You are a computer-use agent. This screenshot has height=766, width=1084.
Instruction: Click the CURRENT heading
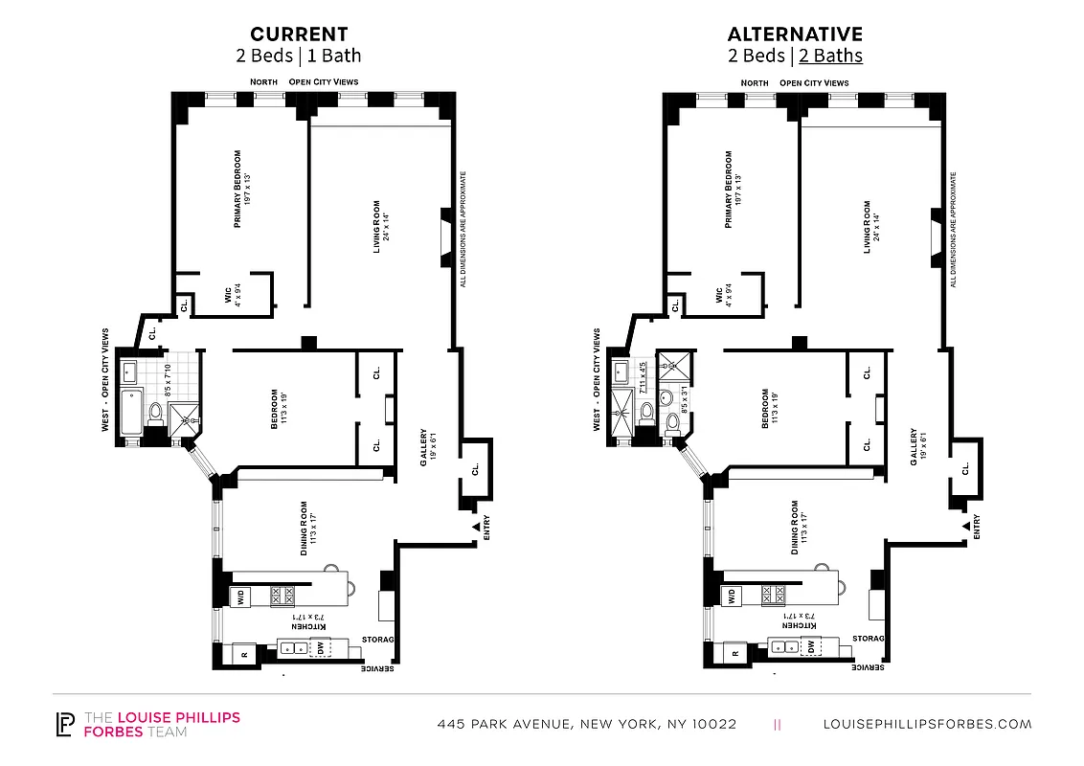pos(299,34)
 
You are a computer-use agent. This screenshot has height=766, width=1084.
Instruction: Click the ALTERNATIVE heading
pos(794,34)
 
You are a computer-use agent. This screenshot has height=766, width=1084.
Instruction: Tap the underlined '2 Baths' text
pos(830,56)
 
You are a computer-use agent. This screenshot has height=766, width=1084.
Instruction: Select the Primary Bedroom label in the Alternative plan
pos(731,189)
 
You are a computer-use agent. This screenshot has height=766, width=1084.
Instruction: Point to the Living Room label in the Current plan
pos(379,227)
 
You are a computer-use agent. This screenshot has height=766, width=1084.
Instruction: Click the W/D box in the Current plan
pos(238,597)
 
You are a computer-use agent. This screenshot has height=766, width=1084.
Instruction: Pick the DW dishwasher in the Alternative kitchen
pos(811,647)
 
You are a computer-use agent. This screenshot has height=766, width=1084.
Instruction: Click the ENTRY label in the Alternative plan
pos(977,526)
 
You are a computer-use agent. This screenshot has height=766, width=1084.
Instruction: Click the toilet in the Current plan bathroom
pos(153,414)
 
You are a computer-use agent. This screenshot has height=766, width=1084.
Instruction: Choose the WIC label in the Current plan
pos(230,294)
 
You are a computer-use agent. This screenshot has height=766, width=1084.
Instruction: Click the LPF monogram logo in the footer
pos(65,725)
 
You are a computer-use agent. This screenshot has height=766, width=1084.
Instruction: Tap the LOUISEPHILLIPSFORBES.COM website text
pos(927,725)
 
